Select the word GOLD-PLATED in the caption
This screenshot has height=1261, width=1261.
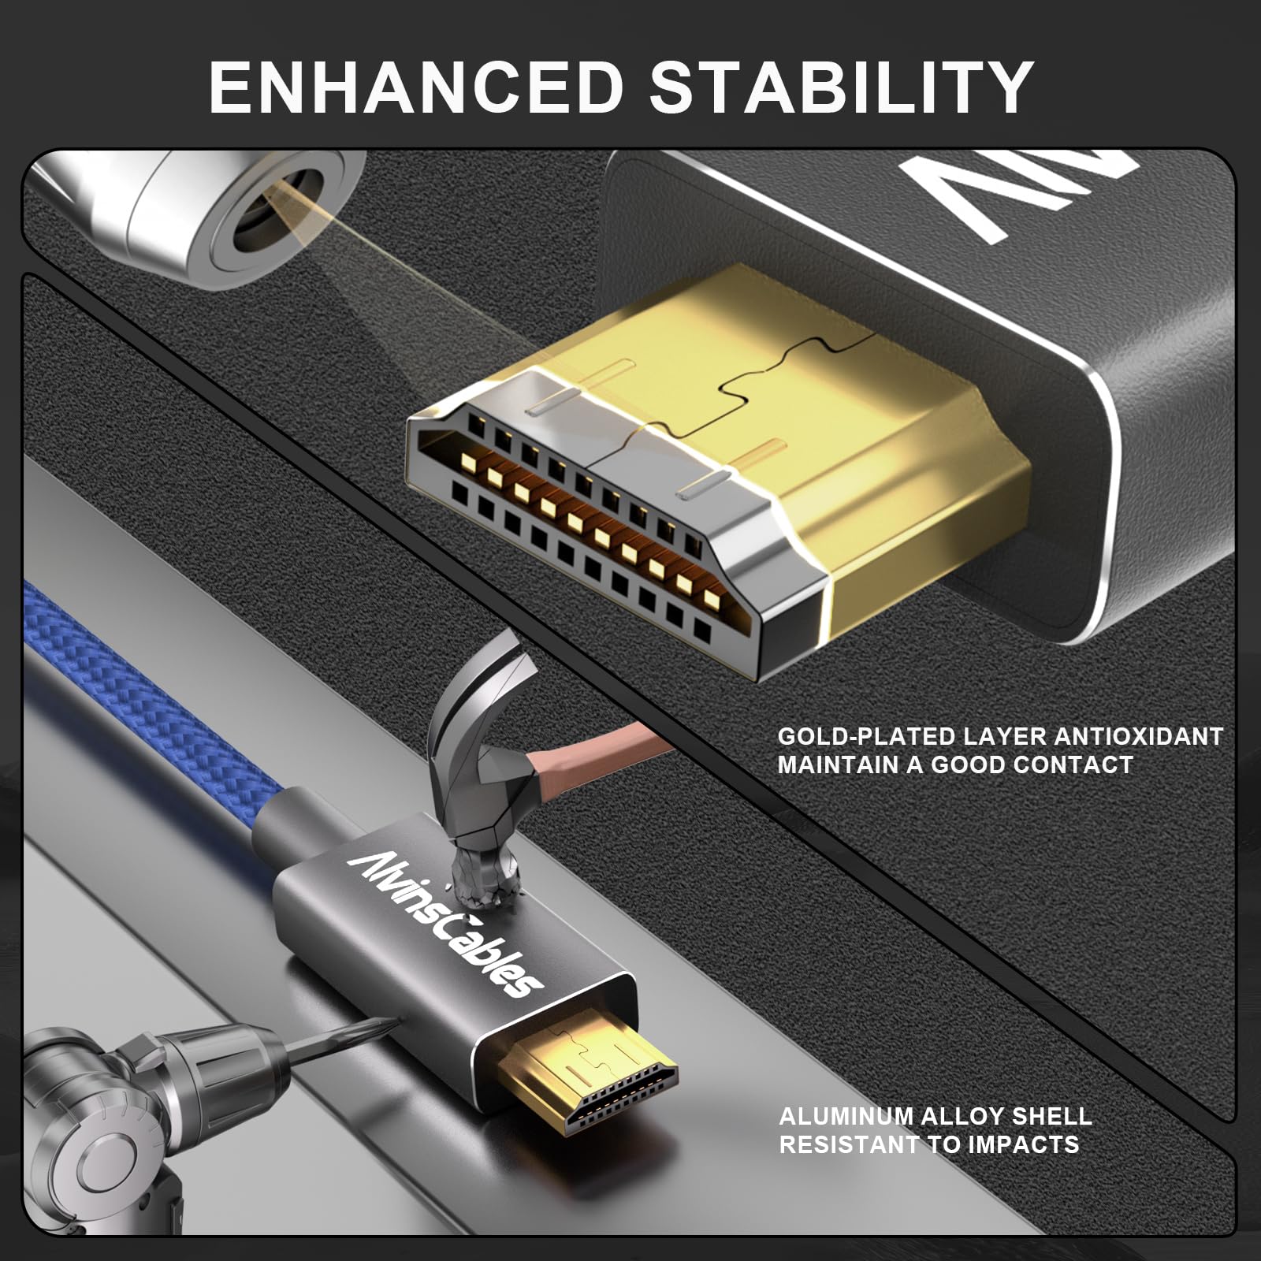pyautogui.click(x=865, y=737)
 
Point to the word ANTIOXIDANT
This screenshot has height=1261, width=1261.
pyautogui.click(x=1138, y=737)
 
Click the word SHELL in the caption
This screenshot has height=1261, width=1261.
pyautogui.click(x=1052, y=1116)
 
